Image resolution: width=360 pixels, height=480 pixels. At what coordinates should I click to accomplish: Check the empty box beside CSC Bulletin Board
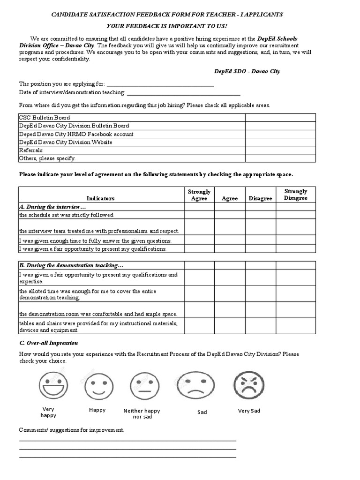[x=279, y=118]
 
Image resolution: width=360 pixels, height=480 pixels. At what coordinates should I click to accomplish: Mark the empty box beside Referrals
[x=279, y=150]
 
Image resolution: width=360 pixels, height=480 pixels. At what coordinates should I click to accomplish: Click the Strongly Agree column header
[x=199, y=195]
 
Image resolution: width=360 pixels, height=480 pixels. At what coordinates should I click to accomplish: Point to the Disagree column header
[x=260, y=199]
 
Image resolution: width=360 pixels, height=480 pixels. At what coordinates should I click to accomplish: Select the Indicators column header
[x=100, y=199]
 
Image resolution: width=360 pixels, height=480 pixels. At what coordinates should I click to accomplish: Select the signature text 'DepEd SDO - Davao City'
[x=247, y=71]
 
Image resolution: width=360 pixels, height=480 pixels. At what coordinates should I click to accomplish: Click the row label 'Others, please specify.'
[x=47, y=158]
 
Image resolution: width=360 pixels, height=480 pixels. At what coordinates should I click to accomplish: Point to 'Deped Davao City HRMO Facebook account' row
[x=76, y=134]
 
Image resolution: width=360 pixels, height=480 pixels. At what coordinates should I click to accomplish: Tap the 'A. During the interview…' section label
[x=52, y=207]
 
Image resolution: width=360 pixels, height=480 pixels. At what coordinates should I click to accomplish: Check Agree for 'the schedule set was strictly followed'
[x=230, y=215]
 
